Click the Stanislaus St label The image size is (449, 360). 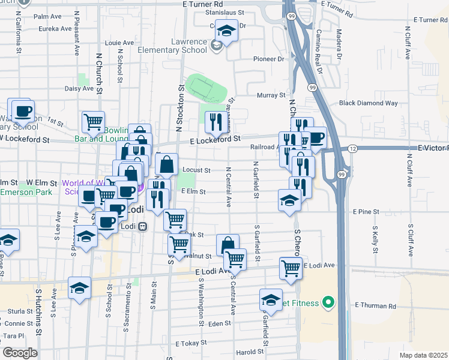(224, 12)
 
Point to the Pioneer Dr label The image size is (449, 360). (268, 59)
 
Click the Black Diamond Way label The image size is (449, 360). (368, 103)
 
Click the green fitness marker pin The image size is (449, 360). (327, 302)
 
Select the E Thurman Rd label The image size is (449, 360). (375, 305)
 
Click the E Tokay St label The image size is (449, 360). (190, 344)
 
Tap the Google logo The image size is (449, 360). (20, 353)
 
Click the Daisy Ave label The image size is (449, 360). (79, 88)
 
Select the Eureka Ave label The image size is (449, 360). (55, 28)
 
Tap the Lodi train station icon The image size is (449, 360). (143, 227)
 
